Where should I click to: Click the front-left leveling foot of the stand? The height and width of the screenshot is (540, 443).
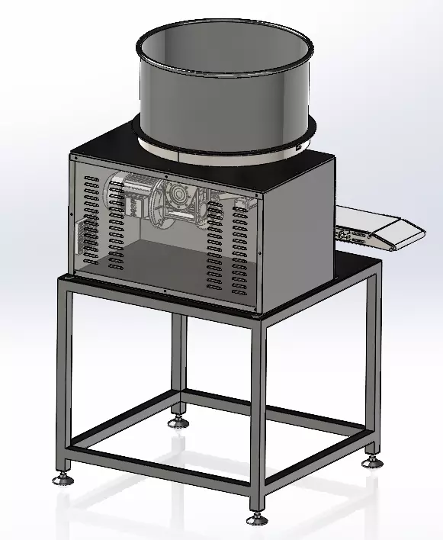point(61,479)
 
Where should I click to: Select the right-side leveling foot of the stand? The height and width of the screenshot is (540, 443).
point(371,461)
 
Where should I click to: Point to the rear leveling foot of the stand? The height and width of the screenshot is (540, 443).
point(178,420)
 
